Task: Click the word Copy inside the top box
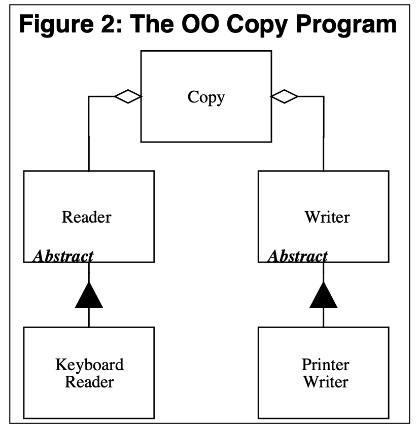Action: pyautogui.click(x=206, y=97)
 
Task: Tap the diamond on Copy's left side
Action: pyautogui.click(x=128, y=96)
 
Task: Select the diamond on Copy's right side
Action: pyautogui.click(x=285, y=96)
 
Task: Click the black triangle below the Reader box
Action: pyautogui.click(x=89, y=295)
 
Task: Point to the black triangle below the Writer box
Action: pyautogui.click(x=324, y=295)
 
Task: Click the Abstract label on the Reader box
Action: pyautogui.click(x=63, y=257)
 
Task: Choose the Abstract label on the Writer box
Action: pyautogui.click(x=298, y=257)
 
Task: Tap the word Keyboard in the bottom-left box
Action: pyautogui.click(x=89, y=365)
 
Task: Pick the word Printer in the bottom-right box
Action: pyautogui.click(x=326, y=365)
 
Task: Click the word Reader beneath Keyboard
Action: pyautogui.click(x=89, y=382)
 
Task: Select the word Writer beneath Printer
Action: pyautogui.click(x=326, y=382)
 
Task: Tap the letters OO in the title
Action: pyautogui.click(x=201, y=24)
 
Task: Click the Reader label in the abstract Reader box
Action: pyautogui.click(x=87, y=217)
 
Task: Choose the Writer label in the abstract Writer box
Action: pyautogui.click(x=327, y=217)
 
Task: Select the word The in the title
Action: pyautogui.click(x=152, y=24)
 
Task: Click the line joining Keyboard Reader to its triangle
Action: pyautogui.click(x=89, y=317)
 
